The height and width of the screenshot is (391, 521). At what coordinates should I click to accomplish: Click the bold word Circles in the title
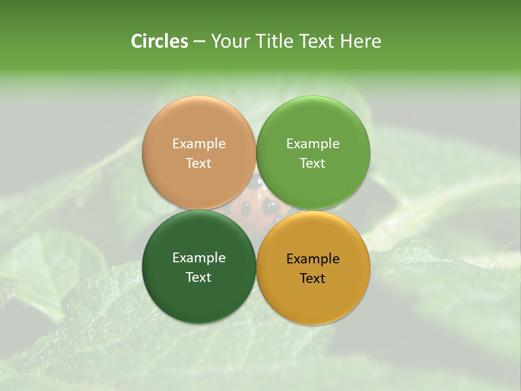[160, 41]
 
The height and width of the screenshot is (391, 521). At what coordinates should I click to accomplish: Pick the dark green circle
[199, 293]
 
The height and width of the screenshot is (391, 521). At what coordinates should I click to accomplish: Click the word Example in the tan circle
[199, 144]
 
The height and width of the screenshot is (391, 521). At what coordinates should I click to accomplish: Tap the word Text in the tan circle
[199, 163]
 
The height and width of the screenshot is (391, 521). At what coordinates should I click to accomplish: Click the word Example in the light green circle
[313, 144]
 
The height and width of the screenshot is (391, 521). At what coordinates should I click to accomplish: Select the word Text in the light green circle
[313, 163]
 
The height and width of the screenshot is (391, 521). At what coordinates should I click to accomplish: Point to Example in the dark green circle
[199, 258]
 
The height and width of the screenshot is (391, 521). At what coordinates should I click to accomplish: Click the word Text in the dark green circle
[199, 278]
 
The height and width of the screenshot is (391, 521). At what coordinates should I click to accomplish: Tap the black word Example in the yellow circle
[313, 259]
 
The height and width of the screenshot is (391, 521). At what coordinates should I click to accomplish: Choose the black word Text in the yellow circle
[313, 279]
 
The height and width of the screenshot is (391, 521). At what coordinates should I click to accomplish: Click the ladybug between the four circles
[256, 206]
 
